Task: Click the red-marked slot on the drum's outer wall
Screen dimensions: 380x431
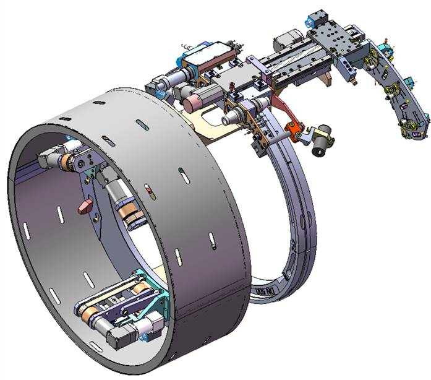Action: click(x=147, y=189)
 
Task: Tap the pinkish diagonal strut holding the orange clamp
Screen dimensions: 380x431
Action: click(x=280, y=112)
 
